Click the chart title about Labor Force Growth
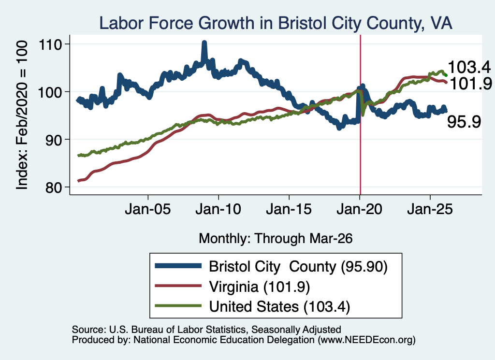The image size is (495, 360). [x=276, y=23]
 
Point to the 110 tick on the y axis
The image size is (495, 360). [x=50, y=45]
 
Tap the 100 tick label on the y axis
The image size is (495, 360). [x=50, y=92]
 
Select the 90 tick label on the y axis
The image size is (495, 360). [x=53, y=140]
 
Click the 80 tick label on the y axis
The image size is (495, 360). [x=53, y=187]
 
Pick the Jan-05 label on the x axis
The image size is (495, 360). [x=148, y=209]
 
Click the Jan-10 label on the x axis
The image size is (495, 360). [x=218, y=209]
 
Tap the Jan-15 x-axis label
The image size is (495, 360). [x=289, y=209]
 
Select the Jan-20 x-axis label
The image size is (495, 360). [x=359, y=209]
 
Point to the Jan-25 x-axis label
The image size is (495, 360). [x=430, y=209]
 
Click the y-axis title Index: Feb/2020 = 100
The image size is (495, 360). [x=22, y=115]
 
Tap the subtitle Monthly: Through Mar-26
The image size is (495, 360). [x=276, y=239]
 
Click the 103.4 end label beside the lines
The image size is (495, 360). [x=469, y=67]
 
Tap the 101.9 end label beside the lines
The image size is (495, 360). [x=470, y=84]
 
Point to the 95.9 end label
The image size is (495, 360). [x=464, y=122]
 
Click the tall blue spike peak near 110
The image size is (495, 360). [x=204, y=43]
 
